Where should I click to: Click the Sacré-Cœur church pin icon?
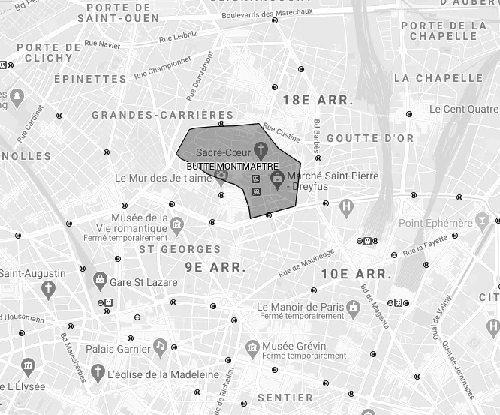click(x=261, y=148)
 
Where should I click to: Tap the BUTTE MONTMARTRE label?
click(x=232, y=166)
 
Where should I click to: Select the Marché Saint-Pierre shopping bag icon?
click(x=277, y=178)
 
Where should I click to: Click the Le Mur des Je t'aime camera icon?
click(x=221, y=177)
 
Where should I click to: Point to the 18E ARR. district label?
click(x=318, y=100)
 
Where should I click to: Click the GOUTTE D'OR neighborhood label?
click(x=370, y=138)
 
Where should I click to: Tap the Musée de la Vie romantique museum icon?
click(x=176, y=224)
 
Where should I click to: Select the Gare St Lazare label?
click(x=143, y=282)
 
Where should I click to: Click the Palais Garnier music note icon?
click(x=159, y=346)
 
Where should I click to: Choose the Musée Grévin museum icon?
click(x=253, y=347)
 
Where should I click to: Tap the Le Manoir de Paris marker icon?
click(x=353, y=307)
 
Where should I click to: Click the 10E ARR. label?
click(x=356, y=275)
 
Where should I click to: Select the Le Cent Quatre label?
click(x=464, y=109)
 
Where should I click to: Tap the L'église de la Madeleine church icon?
click(x=97, y=372)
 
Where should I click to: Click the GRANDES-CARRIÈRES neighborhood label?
click(x=163, y=115)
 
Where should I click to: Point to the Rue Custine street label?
click(x=281, y=134)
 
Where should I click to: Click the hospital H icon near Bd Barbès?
click(x=346, y=206)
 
